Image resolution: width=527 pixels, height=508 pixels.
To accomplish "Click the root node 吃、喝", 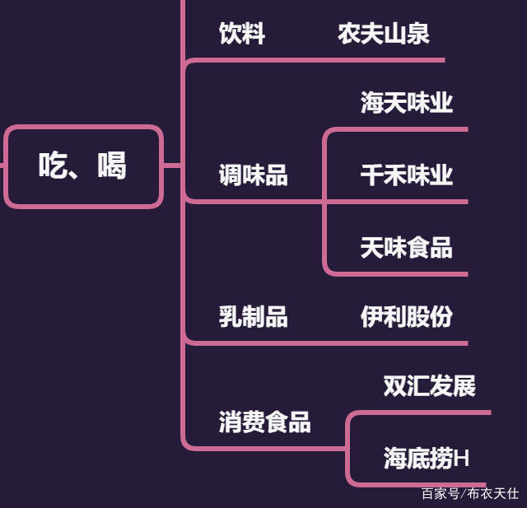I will (x=83, y=165).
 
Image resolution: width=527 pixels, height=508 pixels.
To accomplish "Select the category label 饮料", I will (x=241, y=34).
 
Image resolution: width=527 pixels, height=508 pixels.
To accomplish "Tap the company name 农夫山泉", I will (x=383, y=34).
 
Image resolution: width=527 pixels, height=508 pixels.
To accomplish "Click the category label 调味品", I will (x=253, y=175).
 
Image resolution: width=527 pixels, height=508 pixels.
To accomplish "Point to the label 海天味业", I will (x=406, y=103).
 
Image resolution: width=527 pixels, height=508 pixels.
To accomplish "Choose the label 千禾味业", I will (x=406, y=175).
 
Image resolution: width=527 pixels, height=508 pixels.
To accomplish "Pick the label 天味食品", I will (x=406, y=248).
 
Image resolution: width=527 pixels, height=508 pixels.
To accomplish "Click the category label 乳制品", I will (x=253, y=317).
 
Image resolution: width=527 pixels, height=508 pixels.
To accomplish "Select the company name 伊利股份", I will (x=406, y=317).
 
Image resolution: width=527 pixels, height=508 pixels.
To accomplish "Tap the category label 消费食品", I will (x=264, y=422).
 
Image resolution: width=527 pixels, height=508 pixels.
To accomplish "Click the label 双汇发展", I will (x=429, y=386).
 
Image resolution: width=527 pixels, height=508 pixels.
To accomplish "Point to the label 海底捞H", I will (x=426, y=459).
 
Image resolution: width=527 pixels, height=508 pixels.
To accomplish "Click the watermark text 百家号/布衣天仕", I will (x=469, y=494).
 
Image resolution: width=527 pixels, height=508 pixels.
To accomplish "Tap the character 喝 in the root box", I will (x=111, y=165).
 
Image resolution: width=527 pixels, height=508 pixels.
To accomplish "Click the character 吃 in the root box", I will (x=53, y=165).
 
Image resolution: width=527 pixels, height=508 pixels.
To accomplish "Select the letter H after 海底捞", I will (x=462, y=459).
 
